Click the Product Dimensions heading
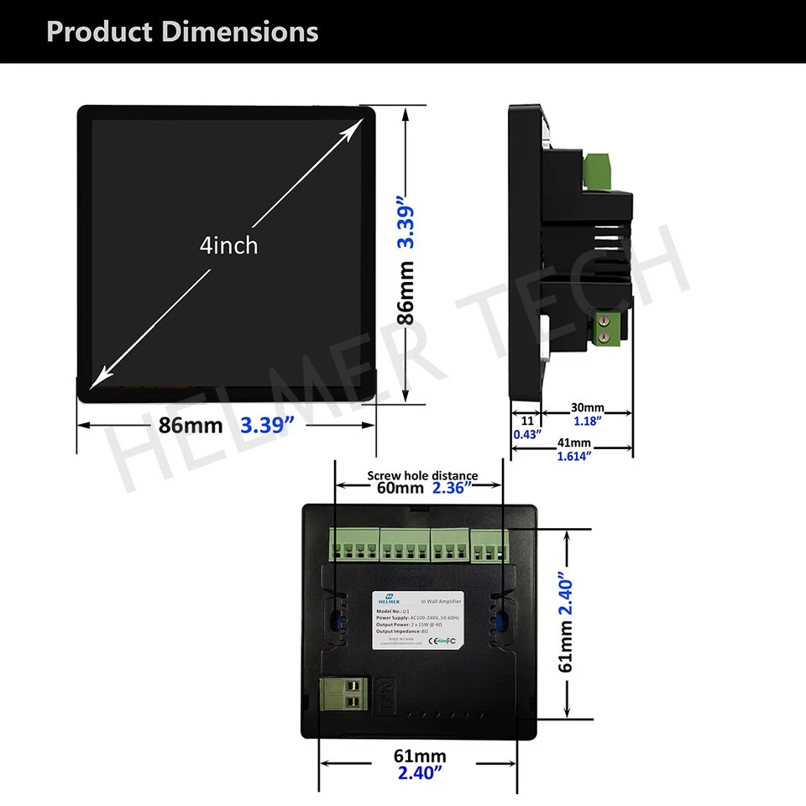(x=182, y=32)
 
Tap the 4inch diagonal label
(x=228, y=245)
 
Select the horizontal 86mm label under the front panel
(x=191, y=425)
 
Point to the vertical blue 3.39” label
(x=406, y=223)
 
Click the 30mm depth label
(x=587, y=407)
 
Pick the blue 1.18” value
(x=587, y=421)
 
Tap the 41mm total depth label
(x=574, y=443)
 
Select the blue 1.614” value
(x=574, y=457)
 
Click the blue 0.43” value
(x=526, y=434)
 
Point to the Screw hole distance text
(x=422, y=476)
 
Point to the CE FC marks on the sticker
(x=442, y=642)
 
